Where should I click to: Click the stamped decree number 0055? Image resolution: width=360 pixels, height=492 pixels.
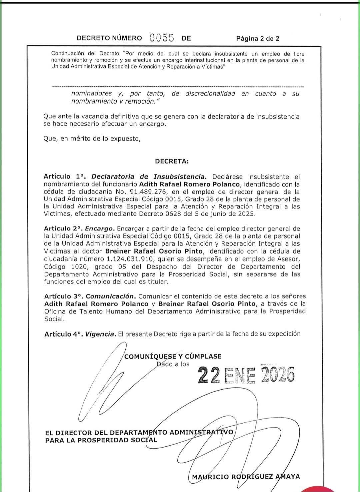[x=162, y=38]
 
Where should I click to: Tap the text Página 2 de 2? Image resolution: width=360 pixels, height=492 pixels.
[x=258, y=38]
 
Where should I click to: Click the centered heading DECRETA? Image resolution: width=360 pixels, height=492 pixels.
[x=172, y=161]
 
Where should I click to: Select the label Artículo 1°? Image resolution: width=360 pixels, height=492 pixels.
[x=63, y=177]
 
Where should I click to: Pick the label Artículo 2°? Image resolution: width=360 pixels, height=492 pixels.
[x=63, y=229]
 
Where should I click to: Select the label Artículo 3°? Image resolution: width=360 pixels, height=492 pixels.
[x=63, y=296]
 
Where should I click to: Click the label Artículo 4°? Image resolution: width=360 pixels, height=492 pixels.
[x=63, y=334]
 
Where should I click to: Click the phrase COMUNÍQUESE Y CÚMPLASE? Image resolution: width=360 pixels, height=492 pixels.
[x=173, y=357]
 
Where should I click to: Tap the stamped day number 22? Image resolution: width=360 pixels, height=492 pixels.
[x=209, y=375]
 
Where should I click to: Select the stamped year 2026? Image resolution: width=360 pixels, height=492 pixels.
[x=278, y=375]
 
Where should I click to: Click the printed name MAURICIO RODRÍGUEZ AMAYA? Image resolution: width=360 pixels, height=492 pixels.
[x=246, y=477]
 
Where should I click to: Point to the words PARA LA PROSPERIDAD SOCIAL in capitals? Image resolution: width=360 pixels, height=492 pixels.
[x=101, y=440]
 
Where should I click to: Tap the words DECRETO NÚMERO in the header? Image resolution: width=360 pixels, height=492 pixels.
[x=109, y=38]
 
